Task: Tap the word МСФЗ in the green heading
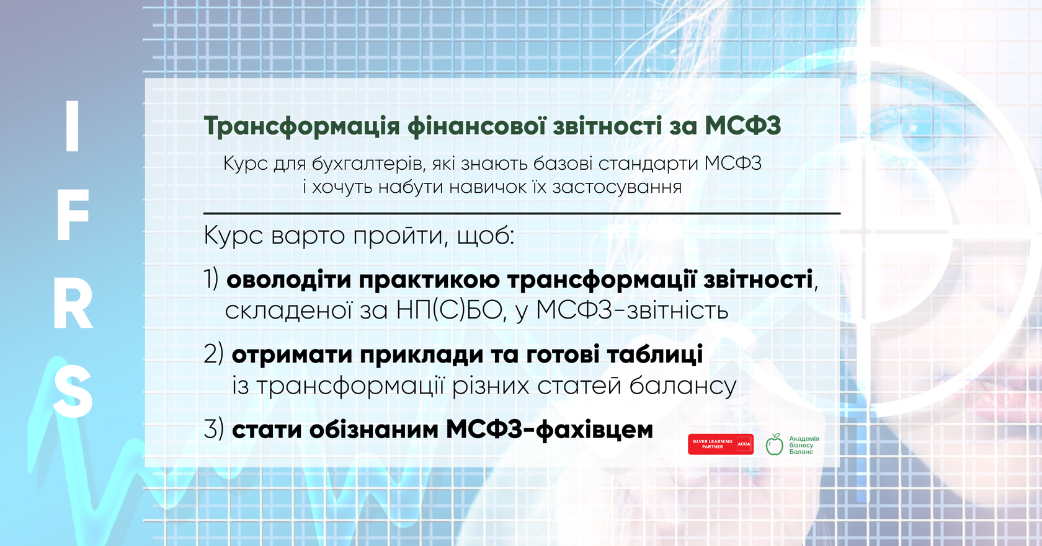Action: (742, 125)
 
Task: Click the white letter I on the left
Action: (72, 126)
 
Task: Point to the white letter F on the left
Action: (73, 216)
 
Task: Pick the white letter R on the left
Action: (73, 306)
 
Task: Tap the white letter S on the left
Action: (73, 391)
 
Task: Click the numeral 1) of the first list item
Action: (211, 280)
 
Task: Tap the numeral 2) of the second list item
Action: (214, 354)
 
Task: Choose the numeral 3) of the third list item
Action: (214, 429)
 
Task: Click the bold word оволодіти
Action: (288, 280)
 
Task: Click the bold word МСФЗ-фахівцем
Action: (550, 430)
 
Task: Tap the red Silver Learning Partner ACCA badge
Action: (721, 444)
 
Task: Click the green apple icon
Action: (775, 445)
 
